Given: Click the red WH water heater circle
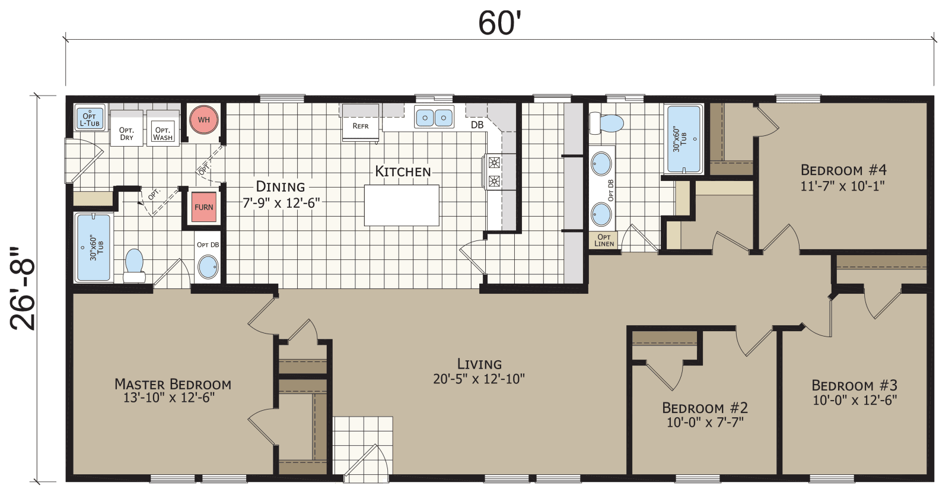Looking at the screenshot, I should [x=204, y=120].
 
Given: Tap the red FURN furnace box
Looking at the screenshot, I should [x=204, y=208].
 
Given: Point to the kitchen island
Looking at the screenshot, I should [x=402, y=205].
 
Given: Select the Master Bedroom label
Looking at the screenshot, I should [x=173, y=384].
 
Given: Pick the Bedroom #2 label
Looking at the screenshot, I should [x=705, y=408].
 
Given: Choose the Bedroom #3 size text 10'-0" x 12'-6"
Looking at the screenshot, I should [x=854, y=401].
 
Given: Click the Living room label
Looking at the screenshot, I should [x=479, y=364].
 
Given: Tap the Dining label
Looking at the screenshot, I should [x=281, y=187].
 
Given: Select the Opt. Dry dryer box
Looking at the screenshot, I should [x=126, y=134].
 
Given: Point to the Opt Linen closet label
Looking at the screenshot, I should [x=604, y=240].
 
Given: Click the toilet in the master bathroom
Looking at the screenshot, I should [x=135, y=265].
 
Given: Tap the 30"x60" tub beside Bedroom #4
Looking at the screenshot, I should [x=684, y=140].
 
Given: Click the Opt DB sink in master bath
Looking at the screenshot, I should [x=208, y=266].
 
